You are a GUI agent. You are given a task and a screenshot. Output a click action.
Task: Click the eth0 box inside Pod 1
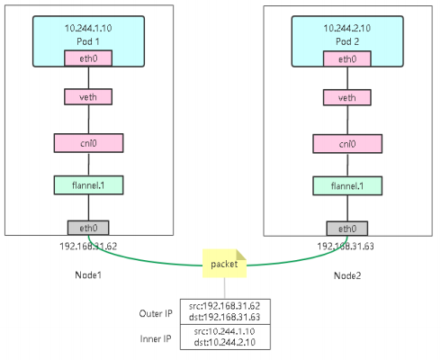pos(88,58)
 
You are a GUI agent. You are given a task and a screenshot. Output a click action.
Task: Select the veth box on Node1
pos(88,97)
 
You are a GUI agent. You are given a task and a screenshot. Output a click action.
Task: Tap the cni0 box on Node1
pos(88,143)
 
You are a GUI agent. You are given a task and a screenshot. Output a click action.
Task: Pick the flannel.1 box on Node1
pos(88,185)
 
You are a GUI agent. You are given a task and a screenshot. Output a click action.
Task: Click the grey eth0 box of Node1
pos(88,228)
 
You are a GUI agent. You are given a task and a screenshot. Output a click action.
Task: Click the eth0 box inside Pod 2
pos(347,58)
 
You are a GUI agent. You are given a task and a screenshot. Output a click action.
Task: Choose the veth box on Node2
pos(347,97)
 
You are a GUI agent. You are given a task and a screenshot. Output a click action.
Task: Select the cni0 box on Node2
pos(347,144)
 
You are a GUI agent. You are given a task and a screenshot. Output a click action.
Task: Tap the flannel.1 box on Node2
pos(347,186)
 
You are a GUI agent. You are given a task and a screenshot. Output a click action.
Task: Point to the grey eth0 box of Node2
pos(347,229)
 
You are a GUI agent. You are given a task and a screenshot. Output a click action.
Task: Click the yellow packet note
pos(224,264)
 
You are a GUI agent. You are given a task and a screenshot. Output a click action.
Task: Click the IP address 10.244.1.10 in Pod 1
pos(88,28)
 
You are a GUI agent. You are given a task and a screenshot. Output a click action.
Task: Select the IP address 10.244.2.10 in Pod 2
pos(347,28)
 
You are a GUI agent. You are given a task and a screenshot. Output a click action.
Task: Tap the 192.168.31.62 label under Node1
pos(88,247)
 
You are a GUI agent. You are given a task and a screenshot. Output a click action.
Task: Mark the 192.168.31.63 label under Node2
pos(346,247)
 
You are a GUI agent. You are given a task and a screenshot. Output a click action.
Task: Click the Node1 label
pos(88,274)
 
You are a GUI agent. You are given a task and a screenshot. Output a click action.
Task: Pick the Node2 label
pos(347,275)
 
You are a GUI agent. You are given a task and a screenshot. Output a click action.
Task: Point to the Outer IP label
pos(156,313)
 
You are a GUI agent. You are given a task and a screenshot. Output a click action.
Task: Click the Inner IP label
pos(156,338)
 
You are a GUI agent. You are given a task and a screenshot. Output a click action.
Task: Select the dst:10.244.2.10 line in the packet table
pos(225,342)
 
